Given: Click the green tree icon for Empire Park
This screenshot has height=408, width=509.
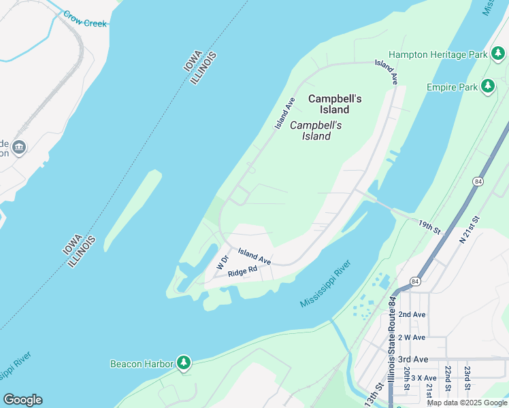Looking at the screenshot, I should click(x=487, y=86).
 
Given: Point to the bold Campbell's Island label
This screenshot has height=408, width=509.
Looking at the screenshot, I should click(x=335, y=104).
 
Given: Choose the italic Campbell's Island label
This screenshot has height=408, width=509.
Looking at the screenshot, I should click(x=316, y=131).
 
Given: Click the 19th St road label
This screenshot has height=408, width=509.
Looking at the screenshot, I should click(x=431, y=226).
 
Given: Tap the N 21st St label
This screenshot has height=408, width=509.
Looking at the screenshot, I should click(x=470, y=229).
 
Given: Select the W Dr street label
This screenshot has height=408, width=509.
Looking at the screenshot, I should click(x=221, y=262).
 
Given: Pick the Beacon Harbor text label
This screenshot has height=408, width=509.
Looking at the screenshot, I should click(x=142, y=364).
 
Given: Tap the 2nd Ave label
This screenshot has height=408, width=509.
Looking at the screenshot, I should click(x=412, y=315).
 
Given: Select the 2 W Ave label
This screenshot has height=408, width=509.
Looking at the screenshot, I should click(x=412, y=337).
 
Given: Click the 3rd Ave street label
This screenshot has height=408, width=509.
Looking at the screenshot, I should click(x=413, y=359).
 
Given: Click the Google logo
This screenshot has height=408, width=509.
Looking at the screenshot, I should click(x=22, y=400).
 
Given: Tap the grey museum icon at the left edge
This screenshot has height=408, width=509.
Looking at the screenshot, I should click(x=18, y=147).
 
